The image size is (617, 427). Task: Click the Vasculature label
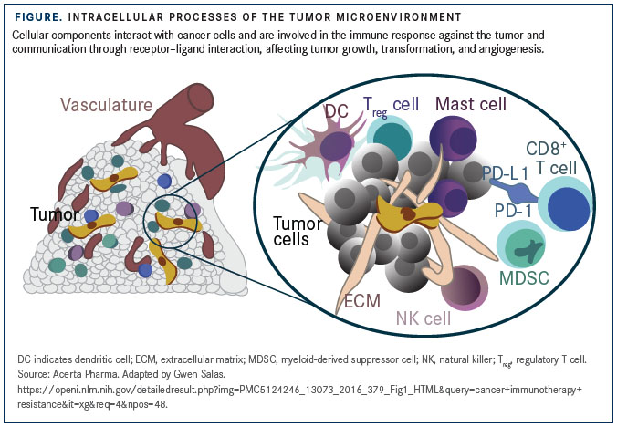[106, 105]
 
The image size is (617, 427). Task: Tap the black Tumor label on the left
[55, 214]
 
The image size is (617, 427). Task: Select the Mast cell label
[471, 104]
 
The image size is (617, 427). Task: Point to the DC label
[337, 111]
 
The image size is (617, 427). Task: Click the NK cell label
[424, 318]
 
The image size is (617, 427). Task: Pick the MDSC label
[524, 278]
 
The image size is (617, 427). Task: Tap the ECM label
[362, 301]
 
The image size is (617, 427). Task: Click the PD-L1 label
[505, 173]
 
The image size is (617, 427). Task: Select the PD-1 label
[513, 211]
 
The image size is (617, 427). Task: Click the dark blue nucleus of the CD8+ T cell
[569, 208]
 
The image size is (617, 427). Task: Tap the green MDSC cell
[521, 245]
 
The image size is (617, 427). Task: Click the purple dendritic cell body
[335, 146]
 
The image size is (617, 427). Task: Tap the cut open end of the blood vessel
[200, 98]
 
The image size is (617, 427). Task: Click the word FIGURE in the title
[38, 17]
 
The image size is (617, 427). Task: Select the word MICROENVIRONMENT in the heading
[400, 17]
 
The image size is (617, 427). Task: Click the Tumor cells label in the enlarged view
[298, 231]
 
